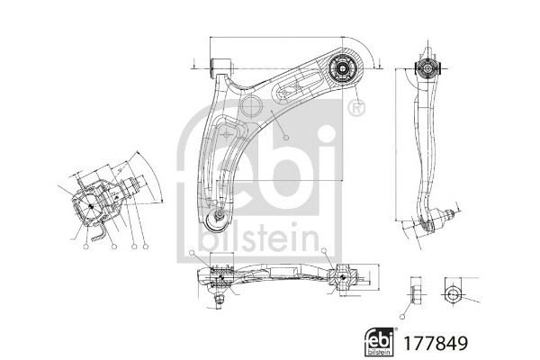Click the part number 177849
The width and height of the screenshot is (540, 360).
point(436,343)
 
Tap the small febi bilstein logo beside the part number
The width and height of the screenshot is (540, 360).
point(379,342)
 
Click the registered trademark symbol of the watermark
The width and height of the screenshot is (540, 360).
point(356,109)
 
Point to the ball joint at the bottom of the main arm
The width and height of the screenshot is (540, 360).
point(215,220)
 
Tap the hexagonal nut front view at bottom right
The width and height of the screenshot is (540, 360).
point(452,295)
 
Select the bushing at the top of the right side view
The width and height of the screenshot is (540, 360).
point(427,68)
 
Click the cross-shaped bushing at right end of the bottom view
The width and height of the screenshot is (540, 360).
point(343,276)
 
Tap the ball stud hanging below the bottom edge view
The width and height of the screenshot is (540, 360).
point(218,301)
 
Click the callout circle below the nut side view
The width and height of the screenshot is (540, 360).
point(402,317)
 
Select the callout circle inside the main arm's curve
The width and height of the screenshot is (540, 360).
point(286,138)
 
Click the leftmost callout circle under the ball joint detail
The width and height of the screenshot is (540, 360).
point(85,247)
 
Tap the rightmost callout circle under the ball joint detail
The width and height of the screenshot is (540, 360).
point(146,247)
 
